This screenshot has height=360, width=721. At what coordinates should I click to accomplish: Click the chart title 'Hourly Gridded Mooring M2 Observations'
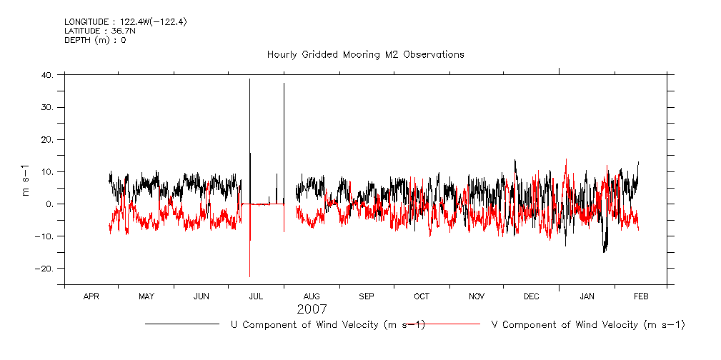(x=365, y=54)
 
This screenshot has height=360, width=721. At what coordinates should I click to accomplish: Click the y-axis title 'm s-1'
(x=26, y=181)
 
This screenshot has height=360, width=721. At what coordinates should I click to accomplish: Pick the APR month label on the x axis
(x=91, y=296)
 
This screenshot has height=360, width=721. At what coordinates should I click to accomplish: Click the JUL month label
(x=256, y=296)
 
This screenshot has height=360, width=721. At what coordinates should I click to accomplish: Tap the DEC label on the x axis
(x=531, y=296)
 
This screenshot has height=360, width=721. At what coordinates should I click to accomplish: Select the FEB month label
(x=641, y=296)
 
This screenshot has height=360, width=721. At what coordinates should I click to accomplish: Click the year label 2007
(x=312, y=309)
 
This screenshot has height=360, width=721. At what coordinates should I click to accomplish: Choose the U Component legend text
(x=327, y=325)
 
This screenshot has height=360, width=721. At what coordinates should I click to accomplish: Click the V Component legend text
(x=588, y=325)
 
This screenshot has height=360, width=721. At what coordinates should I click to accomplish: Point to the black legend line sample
(x=182, y=324)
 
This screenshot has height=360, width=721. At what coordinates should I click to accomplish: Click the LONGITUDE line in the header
(x=126, y=21)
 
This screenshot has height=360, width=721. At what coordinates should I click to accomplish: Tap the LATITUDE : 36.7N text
(x=99, y=31)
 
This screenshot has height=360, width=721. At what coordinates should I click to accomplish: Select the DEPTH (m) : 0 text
(x=95, y=40)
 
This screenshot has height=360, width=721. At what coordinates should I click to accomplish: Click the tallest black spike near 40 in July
(x=249, y=80)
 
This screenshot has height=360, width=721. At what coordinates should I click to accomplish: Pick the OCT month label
(x=422, y=296)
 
